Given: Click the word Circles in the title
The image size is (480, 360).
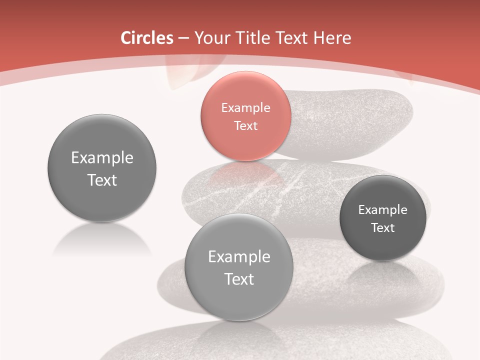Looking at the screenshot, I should point(146,38).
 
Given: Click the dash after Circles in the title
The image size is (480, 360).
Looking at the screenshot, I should point(183,38).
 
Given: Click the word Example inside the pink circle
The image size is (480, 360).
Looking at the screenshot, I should point(245,107).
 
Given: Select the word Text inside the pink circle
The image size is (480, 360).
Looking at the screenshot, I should point(245,125).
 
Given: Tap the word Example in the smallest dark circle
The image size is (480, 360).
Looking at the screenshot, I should point(382,209).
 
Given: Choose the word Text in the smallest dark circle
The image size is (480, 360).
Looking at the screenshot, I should point(382,227).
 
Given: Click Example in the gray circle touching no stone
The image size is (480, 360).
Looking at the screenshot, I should point(102,158).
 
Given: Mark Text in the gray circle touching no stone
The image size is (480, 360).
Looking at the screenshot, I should point(102,180).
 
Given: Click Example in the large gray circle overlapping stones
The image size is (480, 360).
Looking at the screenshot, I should point(239,257).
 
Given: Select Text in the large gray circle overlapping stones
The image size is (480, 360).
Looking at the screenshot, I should point(239,279).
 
